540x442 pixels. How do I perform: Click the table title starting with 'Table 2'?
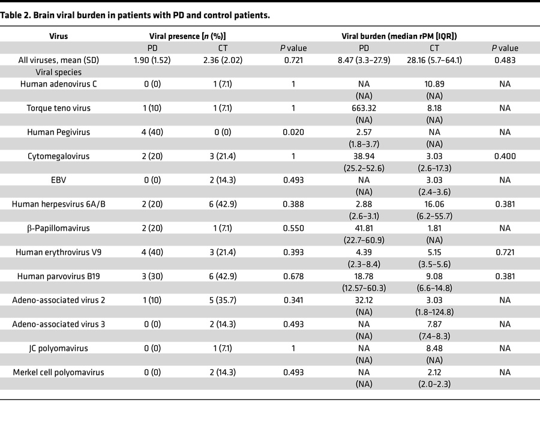(x=135, y=16)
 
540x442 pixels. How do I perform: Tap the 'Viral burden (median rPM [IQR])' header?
(x=399, y=36)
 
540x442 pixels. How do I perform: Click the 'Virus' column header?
(x=58, y=36)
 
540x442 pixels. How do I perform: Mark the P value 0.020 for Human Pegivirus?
(x=293, y=132)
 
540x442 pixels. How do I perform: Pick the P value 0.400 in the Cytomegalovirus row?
(x=505, y=156)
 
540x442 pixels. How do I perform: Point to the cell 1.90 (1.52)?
(x=150, y=60)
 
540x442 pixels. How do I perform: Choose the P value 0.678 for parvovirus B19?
(x=293, y=276)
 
